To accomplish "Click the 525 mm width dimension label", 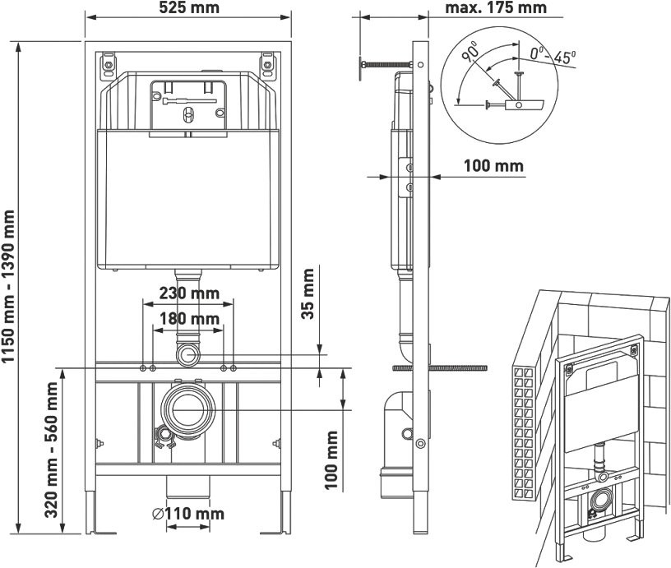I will click(x=188, y=9).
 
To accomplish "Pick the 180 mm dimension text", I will click(x=188, y=318).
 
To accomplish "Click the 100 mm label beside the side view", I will click(x=493, y=165).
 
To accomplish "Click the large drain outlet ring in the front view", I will click(x=188, y=408).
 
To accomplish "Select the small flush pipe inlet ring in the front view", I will click(x=188, y=355).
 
